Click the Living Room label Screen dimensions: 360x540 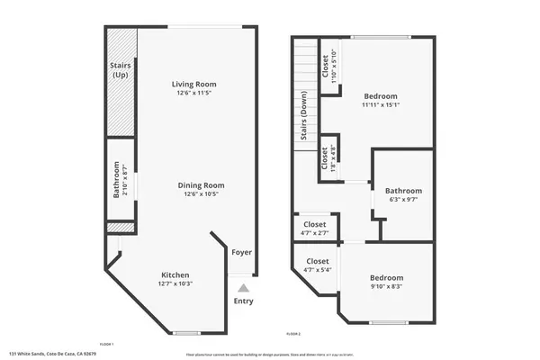click(194, 85)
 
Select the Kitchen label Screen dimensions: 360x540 click(175, 274)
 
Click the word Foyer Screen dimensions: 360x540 click(242, 253)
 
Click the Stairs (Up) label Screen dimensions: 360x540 click(120, 70)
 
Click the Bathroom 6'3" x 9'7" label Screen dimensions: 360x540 click(403, 191)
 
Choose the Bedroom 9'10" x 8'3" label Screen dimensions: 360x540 click(386, 278)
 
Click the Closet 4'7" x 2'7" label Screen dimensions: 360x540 click(314, 225)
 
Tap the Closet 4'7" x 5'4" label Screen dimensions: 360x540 click(314, 261)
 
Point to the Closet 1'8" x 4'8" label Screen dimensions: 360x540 click(325, 157)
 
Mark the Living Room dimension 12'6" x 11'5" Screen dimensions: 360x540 click(194, 93)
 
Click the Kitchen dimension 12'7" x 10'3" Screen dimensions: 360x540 click(175, 283)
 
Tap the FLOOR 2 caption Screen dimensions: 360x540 click(292, 334)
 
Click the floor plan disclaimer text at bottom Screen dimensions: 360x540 click(270, 355)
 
